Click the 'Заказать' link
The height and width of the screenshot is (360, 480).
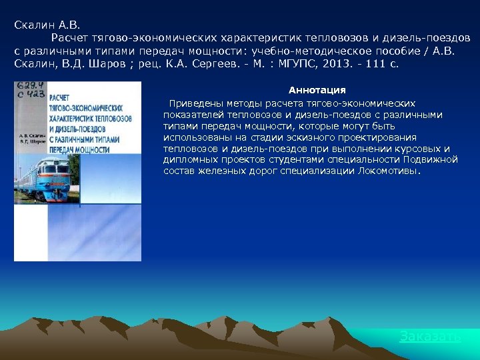[x=429, y=337]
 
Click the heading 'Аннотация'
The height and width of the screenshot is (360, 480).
[x=317, y=90]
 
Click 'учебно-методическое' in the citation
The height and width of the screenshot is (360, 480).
[x=293, y=51]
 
